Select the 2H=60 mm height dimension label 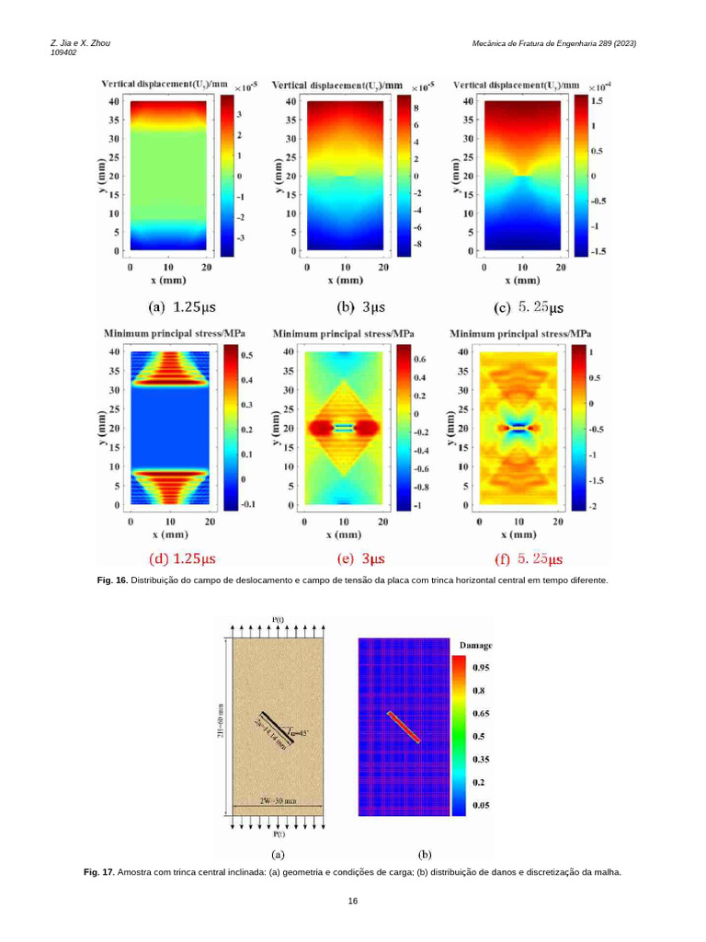[221, 726]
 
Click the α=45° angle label [300, 732]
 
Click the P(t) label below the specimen [278, 834]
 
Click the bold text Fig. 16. [112, 581]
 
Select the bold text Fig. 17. [98, 872]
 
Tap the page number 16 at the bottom [353, 901]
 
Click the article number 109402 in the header [63, 52]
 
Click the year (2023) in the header [622, 43]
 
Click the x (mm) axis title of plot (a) [170, 279]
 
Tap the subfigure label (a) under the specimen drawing [277, 855]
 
